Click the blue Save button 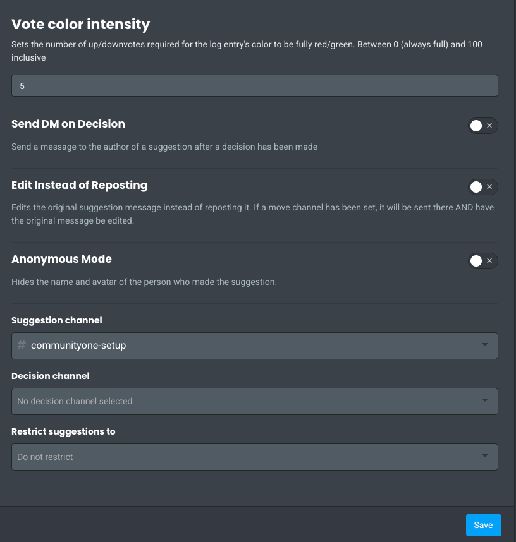point(483,525)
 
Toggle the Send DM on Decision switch point(483,126)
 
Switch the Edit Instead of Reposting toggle point(483,187)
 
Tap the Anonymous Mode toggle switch point(483,261)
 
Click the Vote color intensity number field point(254,86)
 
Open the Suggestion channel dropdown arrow point(485,345)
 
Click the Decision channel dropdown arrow point(485,400)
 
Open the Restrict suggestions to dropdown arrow point(485,456)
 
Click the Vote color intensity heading point(80,25)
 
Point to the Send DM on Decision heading point(68,124)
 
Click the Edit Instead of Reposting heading point(79,185)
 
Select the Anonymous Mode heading point(61,259)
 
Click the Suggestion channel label point(57,320)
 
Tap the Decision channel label point(51,376)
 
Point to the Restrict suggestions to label point(63,431)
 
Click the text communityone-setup point(78,346)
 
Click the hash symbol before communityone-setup point(21,346)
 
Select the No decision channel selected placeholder point(75,401)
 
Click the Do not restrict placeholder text point(45,457)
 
